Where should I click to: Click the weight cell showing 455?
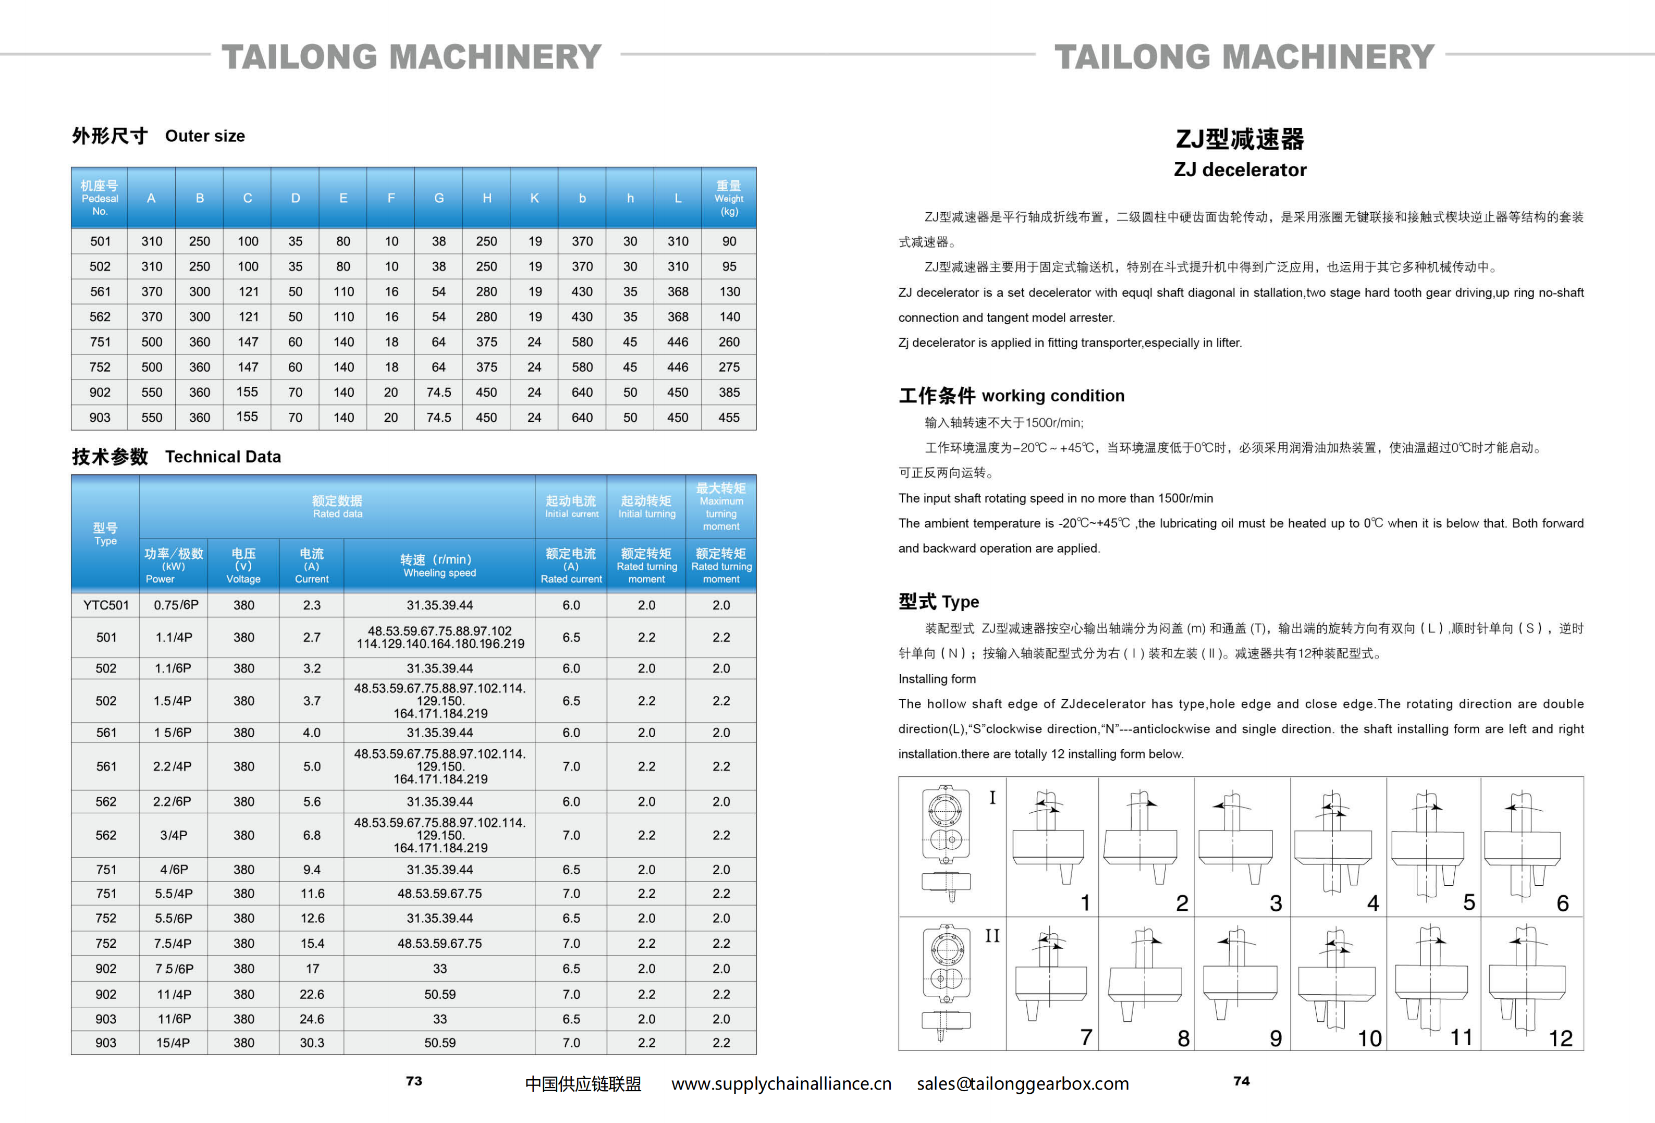pos(729,417)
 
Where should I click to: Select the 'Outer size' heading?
pos(204,136)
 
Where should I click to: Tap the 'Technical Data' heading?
pos(223,457)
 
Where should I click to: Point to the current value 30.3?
pos(312,1043)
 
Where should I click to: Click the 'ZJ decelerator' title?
pos(1240,169)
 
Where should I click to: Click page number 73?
pos(414,1081)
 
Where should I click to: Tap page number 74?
pos(1241,1081)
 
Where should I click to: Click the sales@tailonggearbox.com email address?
pos(1023,1084)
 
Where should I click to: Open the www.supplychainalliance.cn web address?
pos(781,1084)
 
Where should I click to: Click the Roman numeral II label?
pos(992,936)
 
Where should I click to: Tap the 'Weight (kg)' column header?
pos(729,199)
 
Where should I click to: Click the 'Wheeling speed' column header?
pos(439,566)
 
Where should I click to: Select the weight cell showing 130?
pos(729,292)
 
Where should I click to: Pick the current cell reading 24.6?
pos(312,1019)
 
